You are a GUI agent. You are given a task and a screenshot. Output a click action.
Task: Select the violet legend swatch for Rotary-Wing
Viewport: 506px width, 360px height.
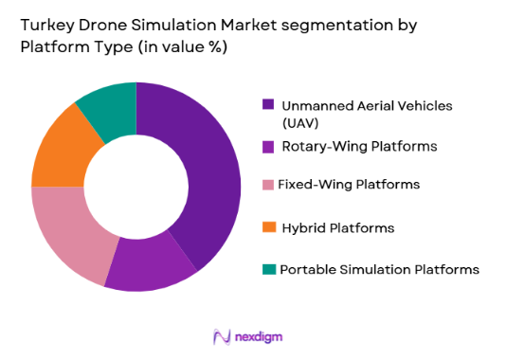268,145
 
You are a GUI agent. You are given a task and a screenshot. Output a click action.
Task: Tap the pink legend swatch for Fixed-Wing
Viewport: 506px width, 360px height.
268,186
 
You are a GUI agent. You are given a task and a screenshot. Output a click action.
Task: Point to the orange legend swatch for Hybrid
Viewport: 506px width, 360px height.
268,228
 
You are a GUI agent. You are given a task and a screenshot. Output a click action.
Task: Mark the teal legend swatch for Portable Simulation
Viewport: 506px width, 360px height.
268,269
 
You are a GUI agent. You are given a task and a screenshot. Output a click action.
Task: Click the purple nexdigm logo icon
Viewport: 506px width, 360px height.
223,336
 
